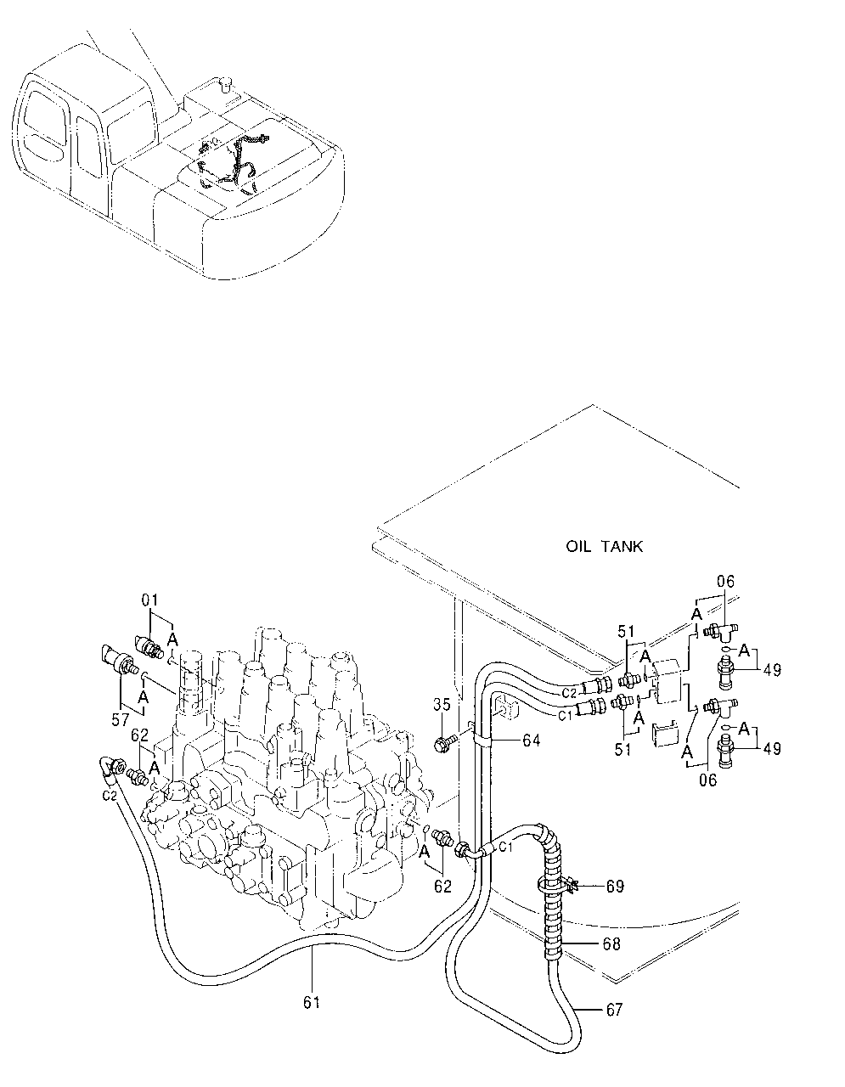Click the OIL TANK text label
(x=604, y=546)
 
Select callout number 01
(x=149, y=600)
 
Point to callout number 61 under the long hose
(x=312, y=1002)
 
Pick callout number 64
(x=531, y=741)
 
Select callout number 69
(x=615, y=887)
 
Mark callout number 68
(x=610, y=943)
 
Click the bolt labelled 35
(x=442, y=745)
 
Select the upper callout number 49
(x=771, y=670)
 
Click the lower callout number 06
(x=707, y=780)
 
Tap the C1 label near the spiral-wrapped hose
(x=504, y=847)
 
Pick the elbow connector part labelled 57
(x=114, y=662)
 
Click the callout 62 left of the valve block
(x=139, y=735)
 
